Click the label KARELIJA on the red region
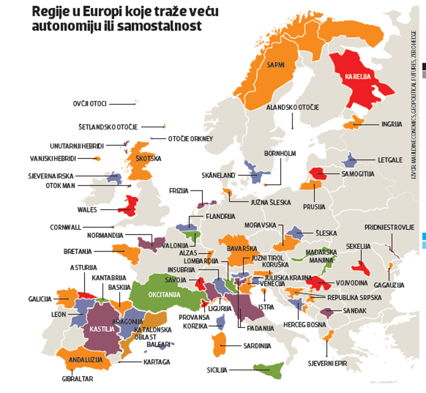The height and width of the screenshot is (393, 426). point(357,77)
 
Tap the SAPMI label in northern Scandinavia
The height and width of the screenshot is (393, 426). point(275,64)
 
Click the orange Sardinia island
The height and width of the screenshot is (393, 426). point(221,344)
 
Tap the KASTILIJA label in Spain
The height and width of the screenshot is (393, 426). point(102,329)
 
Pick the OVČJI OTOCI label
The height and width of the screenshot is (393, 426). point(89,104)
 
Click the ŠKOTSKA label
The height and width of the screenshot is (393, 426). point(148,159)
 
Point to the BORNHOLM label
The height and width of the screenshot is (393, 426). point(280,154)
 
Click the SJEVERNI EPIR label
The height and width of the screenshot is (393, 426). point(327,363)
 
